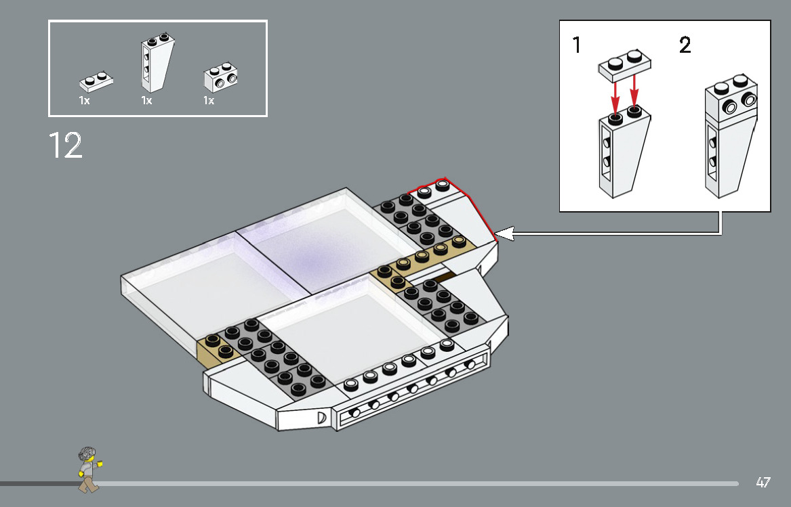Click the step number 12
coord(65,146)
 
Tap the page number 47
coord(763,483)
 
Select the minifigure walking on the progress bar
coord(88,469)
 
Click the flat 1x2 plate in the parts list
coord(96,81)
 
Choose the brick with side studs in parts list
coord(221,79)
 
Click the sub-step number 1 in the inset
coord(576,46)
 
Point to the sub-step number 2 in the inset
coord(685,46)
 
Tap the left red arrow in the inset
coord(615,95)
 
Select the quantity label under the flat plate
coord(84,100)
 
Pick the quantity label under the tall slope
coord(146,100)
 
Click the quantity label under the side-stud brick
coord(209,100)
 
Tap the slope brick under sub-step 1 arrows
coord(624,152)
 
